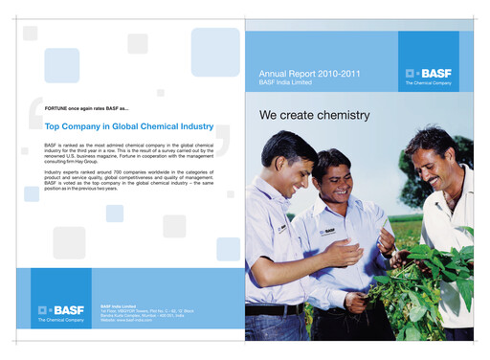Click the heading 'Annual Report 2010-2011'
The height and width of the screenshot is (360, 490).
tap(304, 73)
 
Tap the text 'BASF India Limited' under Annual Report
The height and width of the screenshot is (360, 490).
tap(290, 83)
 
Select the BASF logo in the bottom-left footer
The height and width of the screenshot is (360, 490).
tap(60, 309)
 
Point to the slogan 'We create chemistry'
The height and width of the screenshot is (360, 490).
tap(314, 115)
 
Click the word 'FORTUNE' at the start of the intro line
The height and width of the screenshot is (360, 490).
tap(59, 108)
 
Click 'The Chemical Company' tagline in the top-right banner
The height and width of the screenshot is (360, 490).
tap(428, 83)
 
